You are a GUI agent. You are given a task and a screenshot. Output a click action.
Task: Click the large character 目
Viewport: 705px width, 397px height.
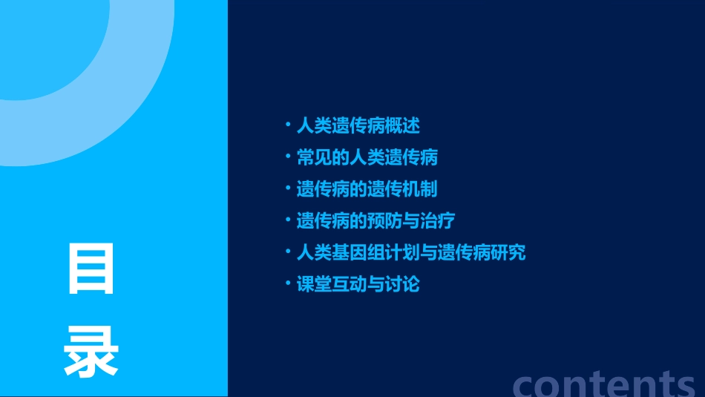click(91, 269)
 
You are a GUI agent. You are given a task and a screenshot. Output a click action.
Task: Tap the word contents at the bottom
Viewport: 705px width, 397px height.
click(603, 384)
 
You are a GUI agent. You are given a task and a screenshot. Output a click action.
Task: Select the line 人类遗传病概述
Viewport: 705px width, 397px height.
click(358, 125)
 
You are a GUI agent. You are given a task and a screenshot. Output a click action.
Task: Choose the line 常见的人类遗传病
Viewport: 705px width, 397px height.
click(367, 157)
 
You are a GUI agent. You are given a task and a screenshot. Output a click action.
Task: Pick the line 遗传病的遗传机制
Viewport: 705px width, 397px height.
click(367, 189)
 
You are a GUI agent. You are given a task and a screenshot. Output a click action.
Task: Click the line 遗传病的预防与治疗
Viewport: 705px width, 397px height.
click(376, 221)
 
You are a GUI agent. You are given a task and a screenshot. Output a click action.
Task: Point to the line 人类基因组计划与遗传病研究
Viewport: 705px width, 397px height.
click(411, 253)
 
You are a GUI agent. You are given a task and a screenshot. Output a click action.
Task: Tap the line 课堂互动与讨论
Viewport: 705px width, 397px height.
click(358, 285)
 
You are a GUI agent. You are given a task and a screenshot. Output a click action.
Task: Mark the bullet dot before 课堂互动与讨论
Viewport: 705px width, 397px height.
click(289, 283)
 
